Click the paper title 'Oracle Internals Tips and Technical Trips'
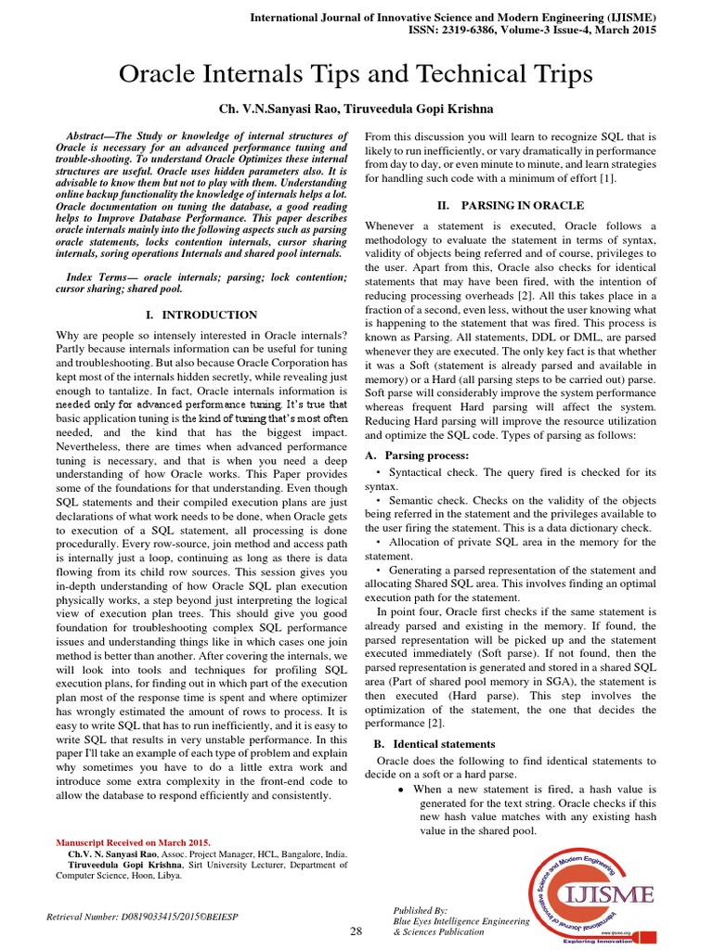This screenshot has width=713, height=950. pyautogui.click(x=356, y=75)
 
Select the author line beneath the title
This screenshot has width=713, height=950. pyautogui.click(x=356, y=109)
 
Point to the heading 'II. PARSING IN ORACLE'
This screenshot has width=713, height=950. pyautogui.click(x=510, y=205)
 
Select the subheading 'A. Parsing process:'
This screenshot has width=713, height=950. pyautogui.click(x=417, y=456)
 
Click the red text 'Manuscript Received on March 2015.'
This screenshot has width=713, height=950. pyautogui.click(x=133, y=842)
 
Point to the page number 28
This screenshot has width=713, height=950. pyautogui.click(x=356, y=931)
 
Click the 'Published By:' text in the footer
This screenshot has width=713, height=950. pyautogui.click(x=421, y=911)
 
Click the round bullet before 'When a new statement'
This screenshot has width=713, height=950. pyautogui.click(x=400, y=789)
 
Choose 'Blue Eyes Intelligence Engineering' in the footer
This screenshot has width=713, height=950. pyautogui.click(x=461, y=921)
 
